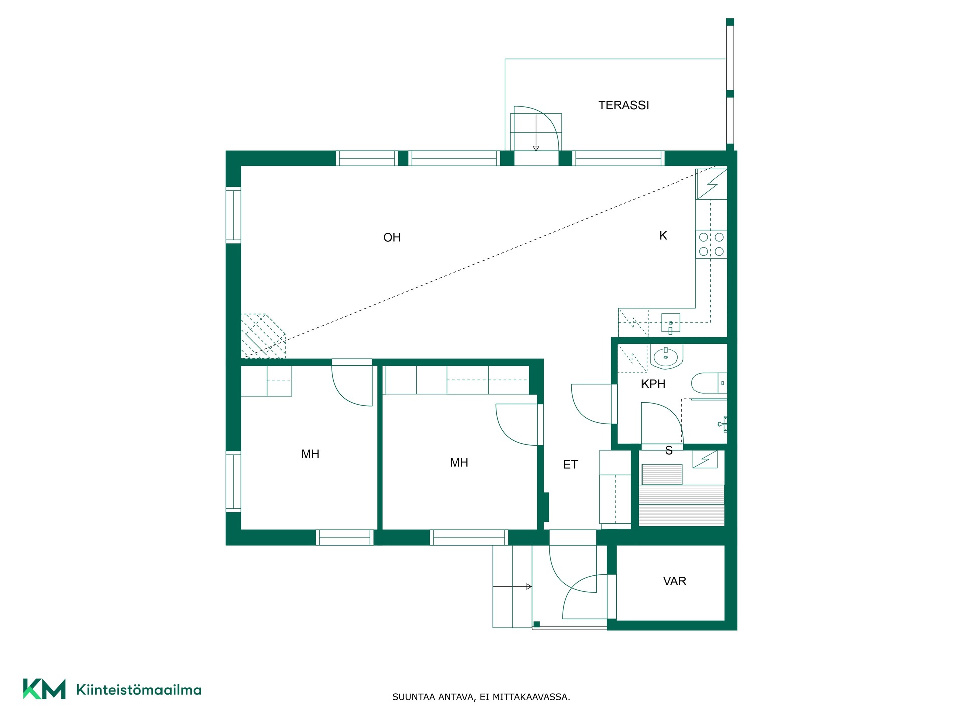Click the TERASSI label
coord(623,105)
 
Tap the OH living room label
coord(392,238)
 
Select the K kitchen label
coord(663,236)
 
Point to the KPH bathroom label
coord(653,384)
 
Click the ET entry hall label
coord(570,465)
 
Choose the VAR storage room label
coord(674,581)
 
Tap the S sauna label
coord(669,451)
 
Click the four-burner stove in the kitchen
coord(711,244)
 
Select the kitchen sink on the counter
coord(670,324)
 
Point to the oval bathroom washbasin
coord(666,357)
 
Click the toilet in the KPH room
coord(709,383)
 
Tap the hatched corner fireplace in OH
coord(263,336)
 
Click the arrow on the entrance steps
coord(512,586)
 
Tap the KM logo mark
coord(44,689)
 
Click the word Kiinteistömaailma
coord(138,690)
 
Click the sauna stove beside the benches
coord(705,459)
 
